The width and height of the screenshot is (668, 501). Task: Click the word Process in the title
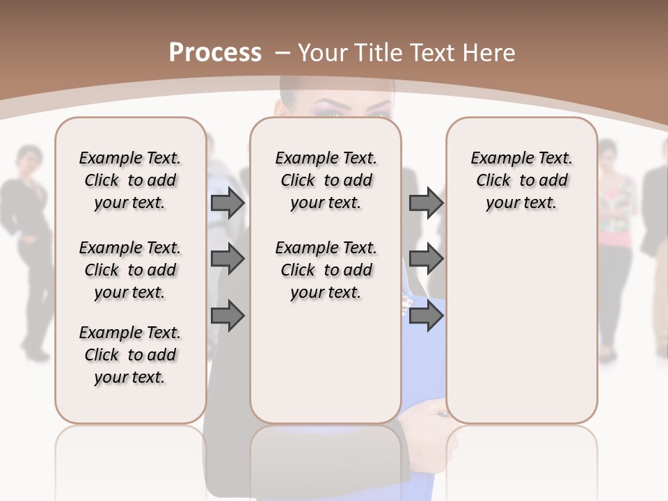[x=215, y=52]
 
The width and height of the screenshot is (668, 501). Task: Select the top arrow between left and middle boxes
[x=228, y=202]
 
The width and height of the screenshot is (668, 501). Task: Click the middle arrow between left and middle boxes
[x=228, y=260]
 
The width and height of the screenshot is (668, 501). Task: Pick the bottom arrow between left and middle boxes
[x=228, y=316]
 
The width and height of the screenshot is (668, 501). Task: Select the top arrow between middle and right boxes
[x=426, y=202]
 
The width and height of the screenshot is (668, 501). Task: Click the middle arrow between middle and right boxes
[x=426, y=260]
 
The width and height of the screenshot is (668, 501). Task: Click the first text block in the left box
[x=130, y=180]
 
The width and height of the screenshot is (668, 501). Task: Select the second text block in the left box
[x=130, y=270]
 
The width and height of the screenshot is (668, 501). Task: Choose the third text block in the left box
[x=130, y=355]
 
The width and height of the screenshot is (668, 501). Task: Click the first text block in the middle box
[x=326, y=180]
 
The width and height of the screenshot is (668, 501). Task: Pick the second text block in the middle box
[x=326, y=270]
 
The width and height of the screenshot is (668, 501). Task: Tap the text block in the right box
[x=521, y=180]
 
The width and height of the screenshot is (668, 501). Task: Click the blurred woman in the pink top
[x=616, y=237]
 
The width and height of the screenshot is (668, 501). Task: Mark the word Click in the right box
[x=493, y=180]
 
